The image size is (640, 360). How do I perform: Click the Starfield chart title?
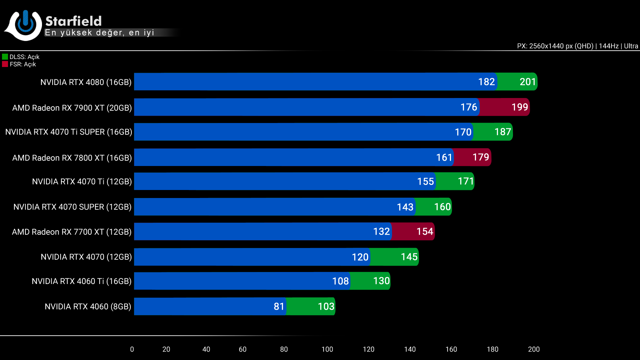click(73, 21)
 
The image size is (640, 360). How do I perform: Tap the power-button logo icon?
click(25, 25)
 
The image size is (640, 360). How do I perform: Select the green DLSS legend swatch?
click(5, 57)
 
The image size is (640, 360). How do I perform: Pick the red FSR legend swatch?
click(5, 64)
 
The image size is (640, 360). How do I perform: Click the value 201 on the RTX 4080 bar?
click(528, 82)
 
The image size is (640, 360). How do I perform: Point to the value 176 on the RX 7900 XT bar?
click(469, 107)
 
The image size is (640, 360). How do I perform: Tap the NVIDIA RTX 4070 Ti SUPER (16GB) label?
click(69, 132)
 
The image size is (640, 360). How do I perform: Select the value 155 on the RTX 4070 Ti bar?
click(425, 181)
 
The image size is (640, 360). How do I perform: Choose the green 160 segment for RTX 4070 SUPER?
click(433, 207)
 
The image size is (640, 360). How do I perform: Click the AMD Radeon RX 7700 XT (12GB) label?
click(72, 232)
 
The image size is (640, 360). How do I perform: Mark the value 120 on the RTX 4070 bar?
click(360, 257)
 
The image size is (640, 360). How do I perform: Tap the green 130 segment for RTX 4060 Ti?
click(370, 281)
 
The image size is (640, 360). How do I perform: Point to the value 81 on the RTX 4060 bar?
click(279, 306)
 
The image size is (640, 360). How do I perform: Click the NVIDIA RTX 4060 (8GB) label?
click(88, 306)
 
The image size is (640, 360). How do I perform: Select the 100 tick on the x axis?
click(327, 349)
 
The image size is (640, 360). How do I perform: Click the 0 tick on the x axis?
click(132, 349)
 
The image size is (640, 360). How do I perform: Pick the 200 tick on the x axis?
click(534, 349)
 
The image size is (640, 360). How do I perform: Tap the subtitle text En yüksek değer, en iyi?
click(99, 33)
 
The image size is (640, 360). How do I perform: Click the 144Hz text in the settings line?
click(608, 46)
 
